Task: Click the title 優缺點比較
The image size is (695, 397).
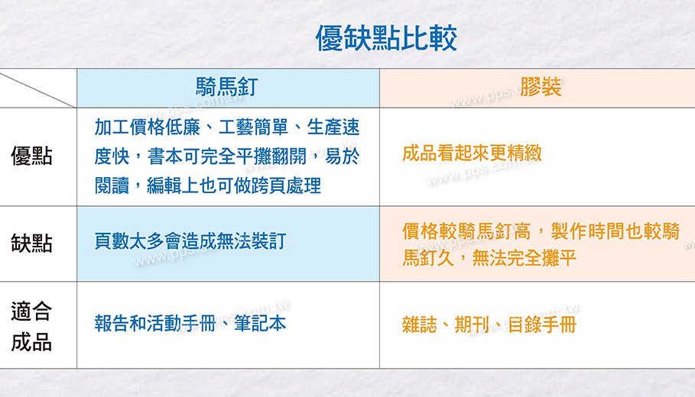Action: (x=385, y=38)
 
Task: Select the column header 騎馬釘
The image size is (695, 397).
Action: (x=226, y=87)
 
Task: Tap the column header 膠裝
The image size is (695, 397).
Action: (x=541, y=87)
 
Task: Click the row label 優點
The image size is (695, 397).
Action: (x=31, y=157)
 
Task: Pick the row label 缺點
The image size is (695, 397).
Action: (x=31, y=244)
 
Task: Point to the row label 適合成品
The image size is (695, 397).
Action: (x=31, y=327)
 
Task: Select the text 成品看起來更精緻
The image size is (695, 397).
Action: (x=472, y=153)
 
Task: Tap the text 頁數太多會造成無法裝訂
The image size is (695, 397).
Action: (x=190, y=241)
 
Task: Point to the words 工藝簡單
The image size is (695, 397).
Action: (x=253, y=127)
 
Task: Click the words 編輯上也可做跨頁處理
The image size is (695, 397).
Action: (x=234, y=186)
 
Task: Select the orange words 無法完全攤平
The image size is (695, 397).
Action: (x=524, y=257)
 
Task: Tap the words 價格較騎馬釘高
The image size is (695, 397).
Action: (x=466, y=231)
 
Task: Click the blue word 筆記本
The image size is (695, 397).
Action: (x=260, y=324)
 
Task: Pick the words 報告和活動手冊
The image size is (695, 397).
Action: (x=155, y=324)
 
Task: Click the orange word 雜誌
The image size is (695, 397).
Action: (x=419, y=324)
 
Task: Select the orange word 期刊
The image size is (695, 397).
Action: (x=472, y=324)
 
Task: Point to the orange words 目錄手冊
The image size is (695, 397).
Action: (x=542, y=324)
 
